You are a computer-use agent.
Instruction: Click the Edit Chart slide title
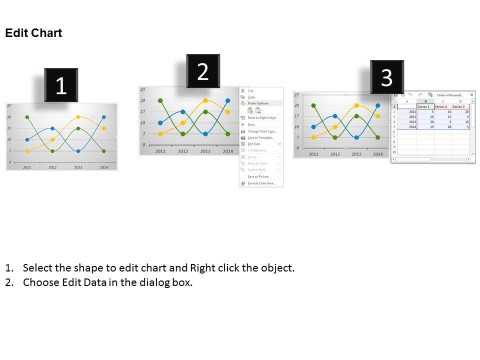coord(33,33)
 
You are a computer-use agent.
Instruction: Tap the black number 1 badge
coord(61,85)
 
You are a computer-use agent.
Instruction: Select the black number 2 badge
coord(203,71)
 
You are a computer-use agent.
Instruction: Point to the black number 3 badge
coord(386,77)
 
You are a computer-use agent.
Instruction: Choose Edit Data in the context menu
coord(253,144)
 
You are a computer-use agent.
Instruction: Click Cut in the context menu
coord(250,90)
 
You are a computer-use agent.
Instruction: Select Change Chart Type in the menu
coord(262,131)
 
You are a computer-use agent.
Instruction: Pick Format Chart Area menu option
coord(261,183)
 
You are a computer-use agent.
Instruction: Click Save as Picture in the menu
coord(259,176)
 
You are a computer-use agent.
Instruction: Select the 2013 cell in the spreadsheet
coord(412,121)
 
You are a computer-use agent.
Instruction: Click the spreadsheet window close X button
coord(472,94)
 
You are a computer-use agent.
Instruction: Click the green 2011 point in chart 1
coord(27,117)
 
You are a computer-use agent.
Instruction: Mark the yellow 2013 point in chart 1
coord(78,117)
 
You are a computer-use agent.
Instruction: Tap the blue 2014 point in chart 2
coord(227,100)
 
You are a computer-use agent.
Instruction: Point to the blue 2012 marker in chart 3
coord(335,116)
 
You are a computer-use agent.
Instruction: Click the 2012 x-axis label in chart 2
coord(182,151)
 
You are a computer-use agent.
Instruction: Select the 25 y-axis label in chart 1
coord(9,105)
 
